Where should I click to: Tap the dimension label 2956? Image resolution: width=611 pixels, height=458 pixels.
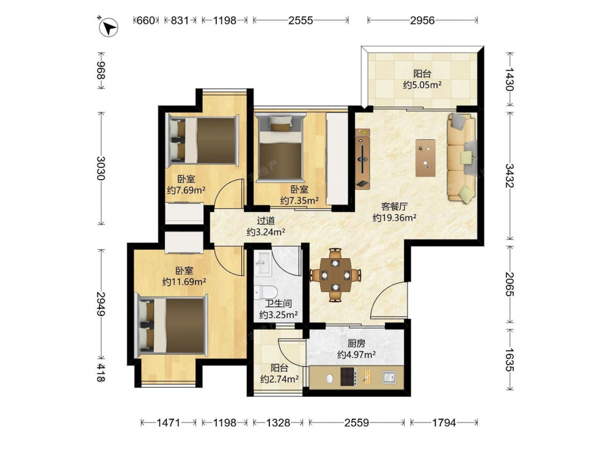(x=422, y=20)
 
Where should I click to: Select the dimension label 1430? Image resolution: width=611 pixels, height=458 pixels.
(x=510, y=79)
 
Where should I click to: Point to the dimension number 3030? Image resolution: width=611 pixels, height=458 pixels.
(x=101, y=169)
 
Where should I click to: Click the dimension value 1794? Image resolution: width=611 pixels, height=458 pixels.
(x=444, y=423)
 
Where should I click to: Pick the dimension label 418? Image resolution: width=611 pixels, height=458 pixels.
(x=101, y=373)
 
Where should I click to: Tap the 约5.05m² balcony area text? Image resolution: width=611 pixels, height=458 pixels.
(x=422, y=84)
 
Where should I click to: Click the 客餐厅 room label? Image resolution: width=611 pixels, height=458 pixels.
(x=394, y=206)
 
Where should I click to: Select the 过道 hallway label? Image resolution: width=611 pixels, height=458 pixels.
(x=266, y=221)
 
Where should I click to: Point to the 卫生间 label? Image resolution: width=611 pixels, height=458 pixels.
(x=278, y=304)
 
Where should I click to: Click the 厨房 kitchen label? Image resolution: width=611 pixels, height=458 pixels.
(x=356, y=343)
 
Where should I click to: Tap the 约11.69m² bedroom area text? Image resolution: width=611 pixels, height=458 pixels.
(x=184, y=281)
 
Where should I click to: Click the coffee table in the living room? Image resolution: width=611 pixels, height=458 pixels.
(x=425, y=158)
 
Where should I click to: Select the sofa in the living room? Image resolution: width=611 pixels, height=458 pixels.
(x=462, y=158)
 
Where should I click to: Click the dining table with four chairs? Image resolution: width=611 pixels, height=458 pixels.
(x=335, y=275)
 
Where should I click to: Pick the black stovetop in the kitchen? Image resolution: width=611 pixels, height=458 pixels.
(x=348, y=376)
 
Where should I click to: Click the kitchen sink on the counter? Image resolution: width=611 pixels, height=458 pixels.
(x=389, y=377)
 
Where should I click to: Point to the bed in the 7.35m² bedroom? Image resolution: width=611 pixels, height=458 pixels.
(x=280, y=147)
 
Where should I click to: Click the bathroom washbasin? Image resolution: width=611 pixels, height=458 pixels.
(x=262, y=263)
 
